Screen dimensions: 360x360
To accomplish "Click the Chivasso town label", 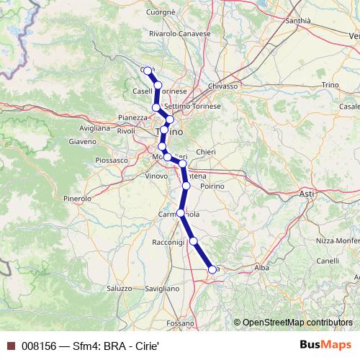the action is click(x=223, y=86).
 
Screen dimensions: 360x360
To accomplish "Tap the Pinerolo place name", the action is click(x=77, y=197).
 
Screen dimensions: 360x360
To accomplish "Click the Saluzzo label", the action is click(x=120, y=288).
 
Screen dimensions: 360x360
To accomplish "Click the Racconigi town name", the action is click(x=169, y=243).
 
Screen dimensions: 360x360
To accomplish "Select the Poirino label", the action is click(x=213, y=186).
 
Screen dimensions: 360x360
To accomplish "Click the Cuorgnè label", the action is click(x=161, y=12).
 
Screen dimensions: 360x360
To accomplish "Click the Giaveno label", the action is click(x=83, y=141).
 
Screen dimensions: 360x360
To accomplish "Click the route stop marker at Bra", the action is click(x=212, y=269).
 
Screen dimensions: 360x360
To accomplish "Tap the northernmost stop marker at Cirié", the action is click(x=148, y=71).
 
